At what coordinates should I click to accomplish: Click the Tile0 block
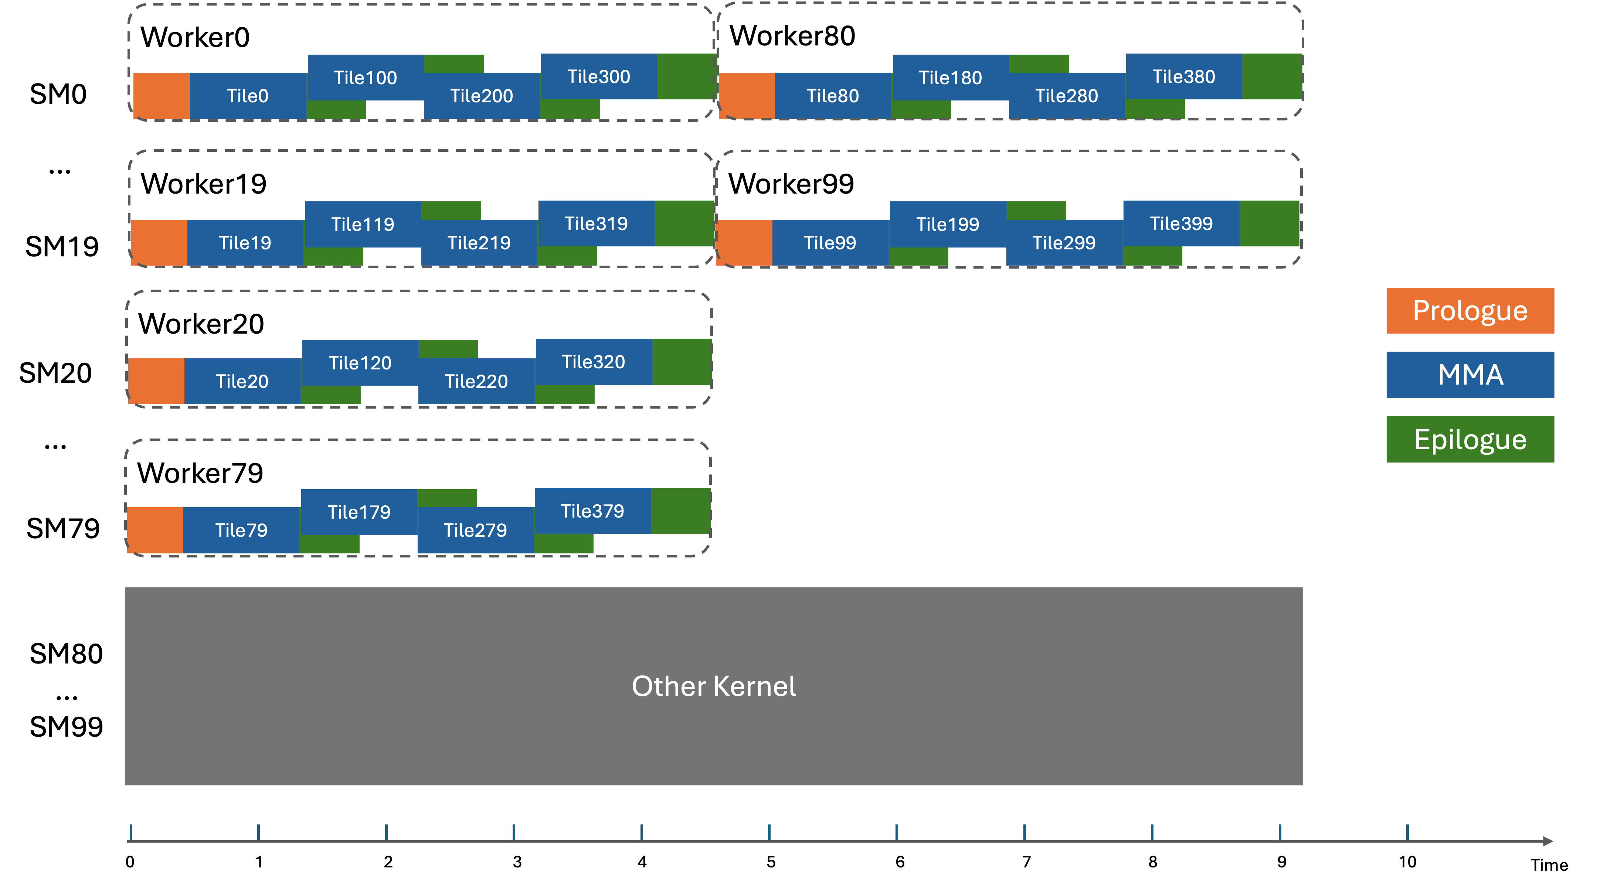248,96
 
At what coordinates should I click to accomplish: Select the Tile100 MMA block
365,77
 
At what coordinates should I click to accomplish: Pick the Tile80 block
833,96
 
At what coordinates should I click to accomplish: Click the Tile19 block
245,243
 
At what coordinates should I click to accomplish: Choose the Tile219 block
479,243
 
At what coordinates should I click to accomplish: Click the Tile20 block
242,381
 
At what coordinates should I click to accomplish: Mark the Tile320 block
594,362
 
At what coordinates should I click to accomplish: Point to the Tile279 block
475,530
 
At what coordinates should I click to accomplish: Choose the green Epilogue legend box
1469,439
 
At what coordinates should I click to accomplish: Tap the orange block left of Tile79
155,530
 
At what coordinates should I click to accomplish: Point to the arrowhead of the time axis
1547,841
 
